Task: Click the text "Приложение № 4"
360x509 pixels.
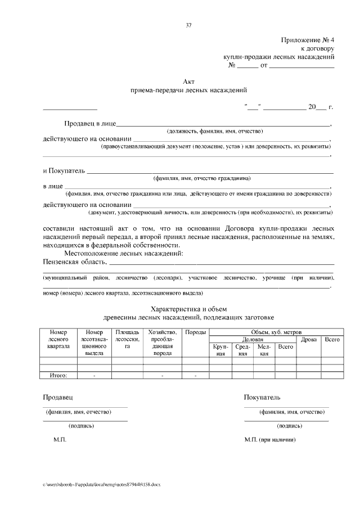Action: coord(308,40)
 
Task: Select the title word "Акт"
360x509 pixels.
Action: coord(188,82)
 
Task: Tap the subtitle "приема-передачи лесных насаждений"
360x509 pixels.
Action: coord(188,90)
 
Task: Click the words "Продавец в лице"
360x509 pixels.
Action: coord(90,123)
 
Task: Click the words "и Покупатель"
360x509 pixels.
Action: coord(64,170)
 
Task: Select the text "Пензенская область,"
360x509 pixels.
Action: coord(74,262)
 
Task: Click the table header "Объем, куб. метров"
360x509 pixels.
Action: coord(275,332)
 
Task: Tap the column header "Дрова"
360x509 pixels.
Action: coord(308,339)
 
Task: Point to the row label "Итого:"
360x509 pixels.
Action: coord(58,375)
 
